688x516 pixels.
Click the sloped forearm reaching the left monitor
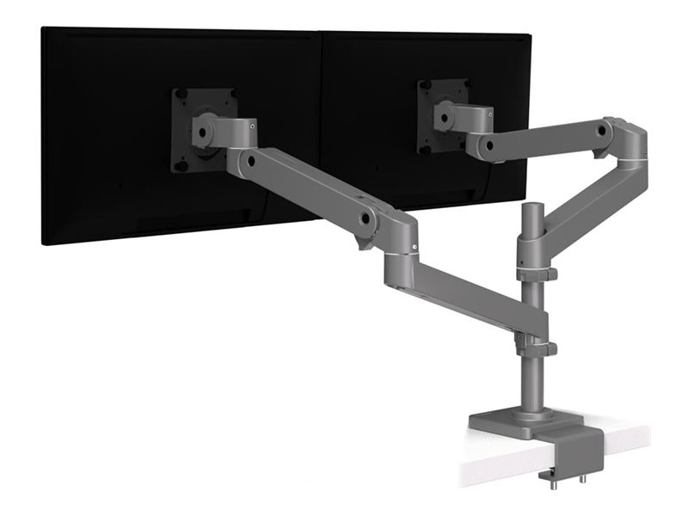pyautogui.click(x=310, y=189)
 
